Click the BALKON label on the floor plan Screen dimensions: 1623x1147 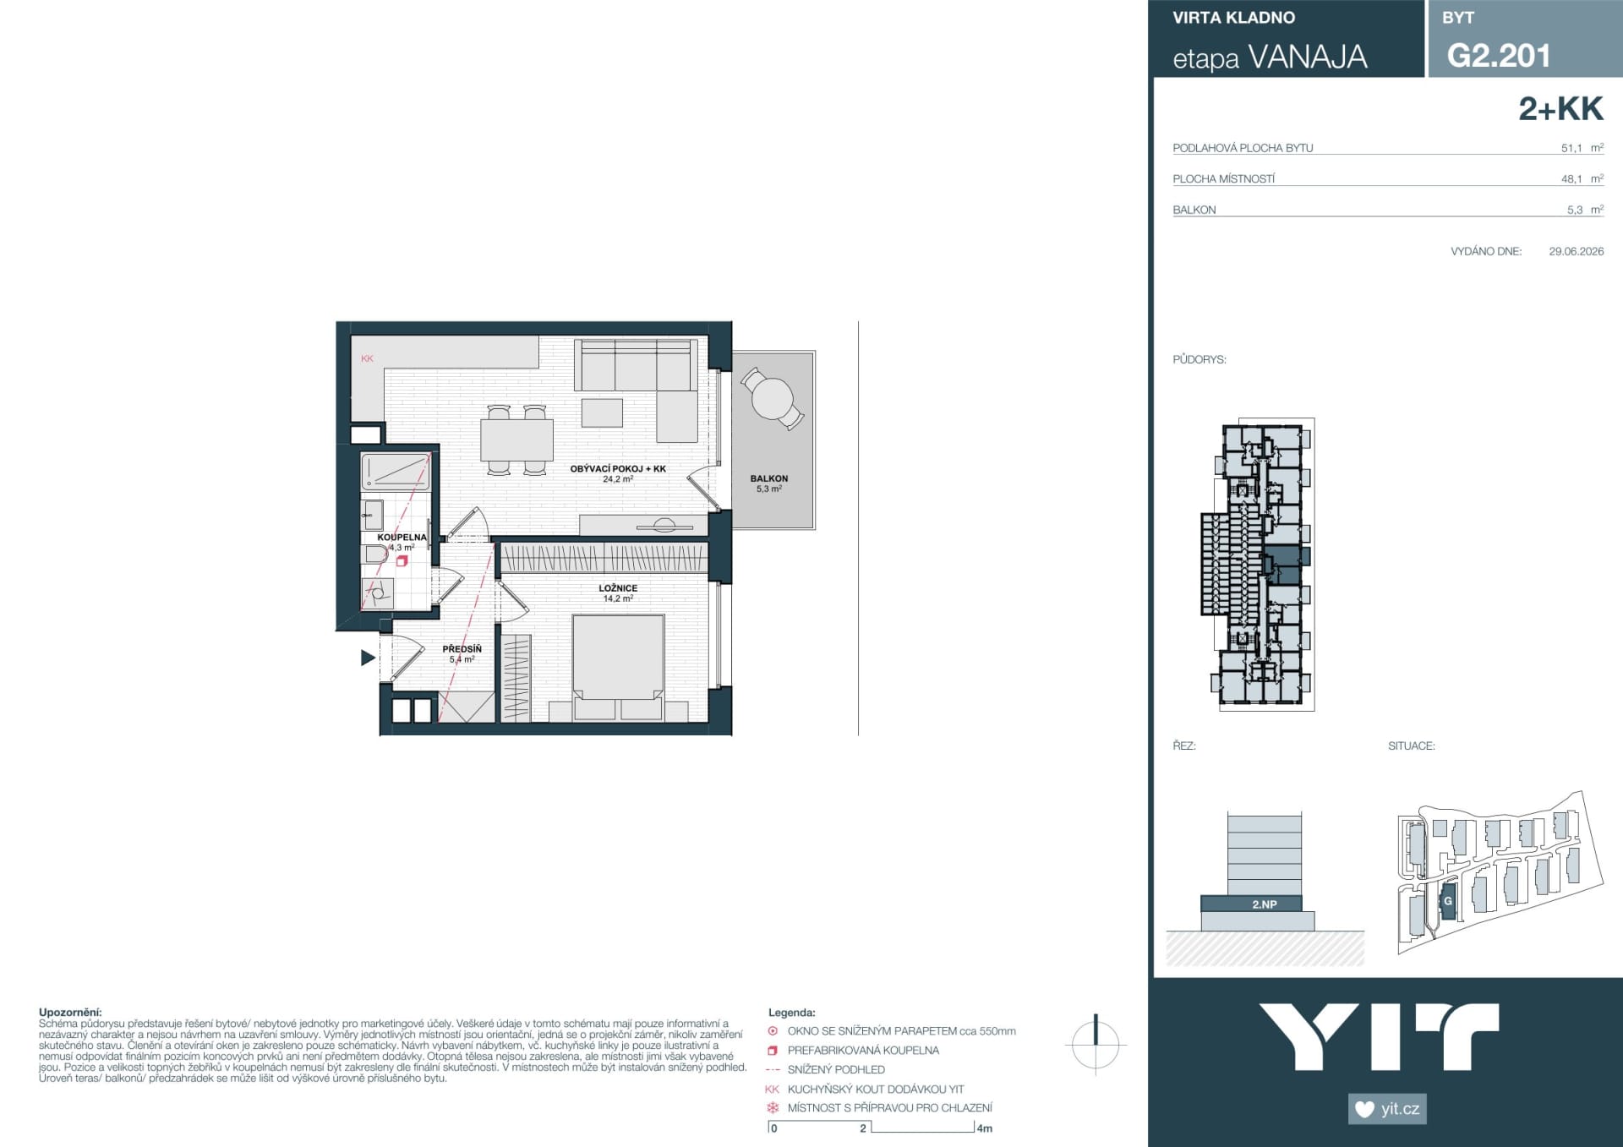point(768,478)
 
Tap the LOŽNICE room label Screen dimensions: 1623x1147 point(618,588)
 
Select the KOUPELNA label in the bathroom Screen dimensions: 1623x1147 point(402,538)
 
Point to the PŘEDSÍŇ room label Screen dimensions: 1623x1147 point(462,649)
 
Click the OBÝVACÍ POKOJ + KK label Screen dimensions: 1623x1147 point(618,468)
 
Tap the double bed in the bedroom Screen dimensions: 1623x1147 point(618,667)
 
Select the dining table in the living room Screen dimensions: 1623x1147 point(516,440)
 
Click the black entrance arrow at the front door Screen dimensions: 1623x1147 point(368,658)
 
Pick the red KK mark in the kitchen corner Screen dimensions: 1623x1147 point(367,358)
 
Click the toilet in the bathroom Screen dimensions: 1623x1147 point(374,555)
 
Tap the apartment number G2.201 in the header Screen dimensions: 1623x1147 point(1499,56)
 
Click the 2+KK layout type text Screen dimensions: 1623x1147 point(1560,109)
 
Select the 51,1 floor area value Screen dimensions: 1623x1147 point(1571,148)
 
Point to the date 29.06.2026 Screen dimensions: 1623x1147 point(1576,251)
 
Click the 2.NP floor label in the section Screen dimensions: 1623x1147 point(1264,904)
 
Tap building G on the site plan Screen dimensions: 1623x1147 point(1447,901)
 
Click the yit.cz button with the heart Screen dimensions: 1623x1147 point(1387,1109)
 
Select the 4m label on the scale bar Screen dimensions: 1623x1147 point(985,1128)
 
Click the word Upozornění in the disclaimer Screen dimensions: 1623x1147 point(70,1012)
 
